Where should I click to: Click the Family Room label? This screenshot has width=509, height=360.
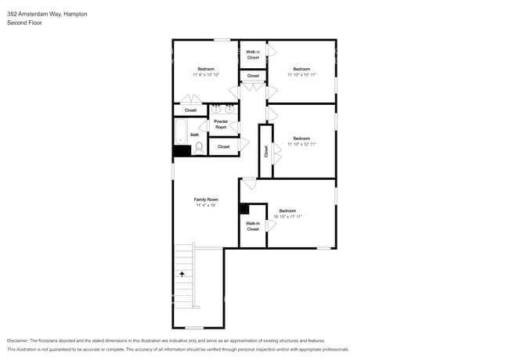206,200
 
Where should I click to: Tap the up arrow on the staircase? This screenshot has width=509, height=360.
183,274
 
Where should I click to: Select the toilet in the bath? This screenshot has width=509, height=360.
199,146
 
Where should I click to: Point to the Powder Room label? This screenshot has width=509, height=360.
222,124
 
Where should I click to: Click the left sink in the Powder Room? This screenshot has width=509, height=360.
216,109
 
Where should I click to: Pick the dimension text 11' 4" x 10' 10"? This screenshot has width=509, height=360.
206,74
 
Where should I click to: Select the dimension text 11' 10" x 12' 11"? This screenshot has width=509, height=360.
301,144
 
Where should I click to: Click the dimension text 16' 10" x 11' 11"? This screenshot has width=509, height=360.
287,216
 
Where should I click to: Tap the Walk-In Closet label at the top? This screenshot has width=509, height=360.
253,55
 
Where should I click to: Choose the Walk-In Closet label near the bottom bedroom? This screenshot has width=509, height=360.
253,227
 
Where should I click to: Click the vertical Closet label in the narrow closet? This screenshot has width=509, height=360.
266,151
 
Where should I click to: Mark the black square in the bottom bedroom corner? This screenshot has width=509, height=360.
244,209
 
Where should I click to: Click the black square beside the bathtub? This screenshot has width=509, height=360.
182,150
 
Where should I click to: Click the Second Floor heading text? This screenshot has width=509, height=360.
25,23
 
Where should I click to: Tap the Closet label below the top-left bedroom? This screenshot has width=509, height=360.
190,110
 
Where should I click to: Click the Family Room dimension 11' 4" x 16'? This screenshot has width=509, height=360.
206,205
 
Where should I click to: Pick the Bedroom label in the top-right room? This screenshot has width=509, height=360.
301,69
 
